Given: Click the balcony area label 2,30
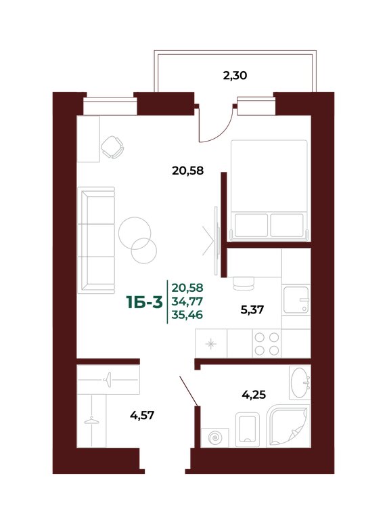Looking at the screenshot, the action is click(235, 76).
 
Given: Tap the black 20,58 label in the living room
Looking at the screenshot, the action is click(187, 171).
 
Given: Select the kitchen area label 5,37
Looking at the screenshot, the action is click(252, 309).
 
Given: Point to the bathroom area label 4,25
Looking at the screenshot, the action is click(254, 395).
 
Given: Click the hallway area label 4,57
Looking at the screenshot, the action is click(142, 415).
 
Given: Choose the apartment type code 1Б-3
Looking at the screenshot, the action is click(145, 302).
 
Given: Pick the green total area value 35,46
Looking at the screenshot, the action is click(187, 314).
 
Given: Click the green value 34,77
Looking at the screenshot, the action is click(187, 302).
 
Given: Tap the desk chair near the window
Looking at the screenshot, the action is click(112, 147).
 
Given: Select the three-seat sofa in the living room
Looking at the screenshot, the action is click(96, 240).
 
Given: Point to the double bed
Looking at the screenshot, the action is click(269, 190).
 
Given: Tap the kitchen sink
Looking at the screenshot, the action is click(296, 300).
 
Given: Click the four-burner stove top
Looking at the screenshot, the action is click(267, 343).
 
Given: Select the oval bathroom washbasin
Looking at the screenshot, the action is click(300, 383).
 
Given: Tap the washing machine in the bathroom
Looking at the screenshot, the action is click(215, 438).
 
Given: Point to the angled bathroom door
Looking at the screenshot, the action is click(189, 391).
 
